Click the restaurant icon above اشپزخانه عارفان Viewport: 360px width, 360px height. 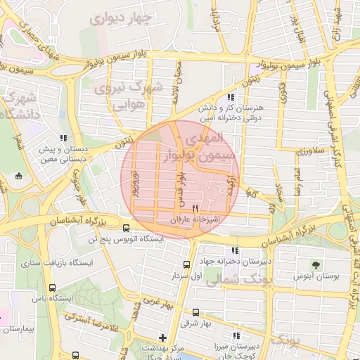point(195,209)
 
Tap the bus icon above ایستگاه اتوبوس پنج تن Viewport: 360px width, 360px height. point(126,229)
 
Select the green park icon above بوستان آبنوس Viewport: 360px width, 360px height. point(316,265)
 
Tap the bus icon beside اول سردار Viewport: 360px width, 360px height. point(186,264)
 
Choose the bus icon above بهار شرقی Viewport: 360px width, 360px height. point(195,313)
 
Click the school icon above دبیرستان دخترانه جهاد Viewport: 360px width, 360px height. point(233,250)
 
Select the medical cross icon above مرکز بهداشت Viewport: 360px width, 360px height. point(163,337)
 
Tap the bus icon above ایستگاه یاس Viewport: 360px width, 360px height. point(53,288)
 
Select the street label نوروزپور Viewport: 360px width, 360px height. point(134,181)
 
